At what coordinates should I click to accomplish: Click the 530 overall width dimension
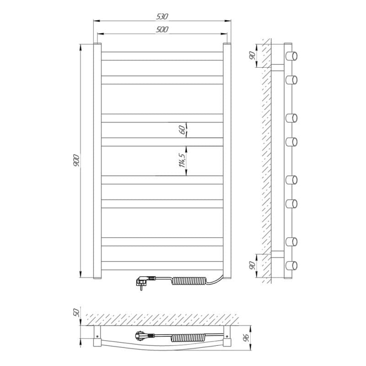pos(162,16)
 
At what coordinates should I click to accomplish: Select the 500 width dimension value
pos(162,30)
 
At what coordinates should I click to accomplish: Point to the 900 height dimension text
pos(77,160)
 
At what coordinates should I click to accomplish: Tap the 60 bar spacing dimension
pos(182,129)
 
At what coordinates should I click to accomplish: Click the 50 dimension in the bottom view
pos(77,313)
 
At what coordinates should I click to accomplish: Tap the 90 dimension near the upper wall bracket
pos(252,55)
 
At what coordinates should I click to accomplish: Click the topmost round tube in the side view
pos(291,56)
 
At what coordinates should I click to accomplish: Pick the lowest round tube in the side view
pos(291,265)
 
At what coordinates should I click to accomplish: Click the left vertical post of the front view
pos(97,160)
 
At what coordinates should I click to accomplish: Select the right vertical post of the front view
pos(226,160)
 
